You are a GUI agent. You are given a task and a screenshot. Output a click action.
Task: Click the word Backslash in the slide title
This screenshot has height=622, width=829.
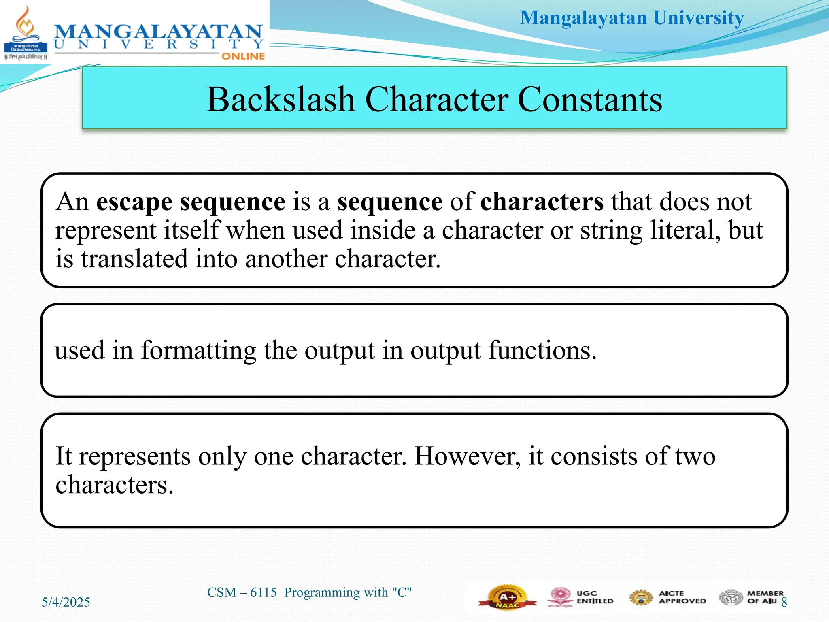[280, 100]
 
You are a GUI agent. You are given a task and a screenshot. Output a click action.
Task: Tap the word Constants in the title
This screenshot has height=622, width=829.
[590, 100]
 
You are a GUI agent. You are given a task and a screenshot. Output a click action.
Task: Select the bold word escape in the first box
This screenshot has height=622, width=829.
[134, 202]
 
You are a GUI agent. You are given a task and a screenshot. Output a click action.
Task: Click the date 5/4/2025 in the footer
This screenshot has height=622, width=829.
[66, 602]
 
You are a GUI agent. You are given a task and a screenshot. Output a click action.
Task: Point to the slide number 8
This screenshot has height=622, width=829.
[784, 602]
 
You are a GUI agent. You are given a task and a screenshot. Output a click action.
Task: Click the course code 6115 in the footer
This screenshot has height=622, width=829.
[263, 592]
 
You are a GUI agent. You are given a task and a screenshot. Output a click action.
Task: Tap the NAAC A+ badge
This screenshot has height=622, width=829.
[507, 597]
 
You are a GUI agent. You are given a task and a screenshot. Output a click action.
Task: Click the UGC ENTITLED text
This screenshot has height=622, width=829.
[594, 597]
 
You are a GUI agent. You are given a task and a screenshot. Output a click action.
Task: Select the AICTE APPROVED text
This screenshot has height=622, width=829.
[682, 597]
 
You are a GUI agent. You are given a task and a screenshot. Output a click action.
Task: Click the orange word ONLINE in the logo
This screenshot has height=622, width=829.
[243, 56]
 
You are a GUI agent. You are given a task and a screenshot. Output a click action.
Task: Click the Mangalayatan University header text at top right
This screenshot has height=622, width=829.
[631, 18]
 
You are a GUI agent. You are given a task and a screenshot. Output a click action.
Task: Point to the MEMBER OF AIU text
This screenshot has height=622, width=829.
[764, 597]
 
